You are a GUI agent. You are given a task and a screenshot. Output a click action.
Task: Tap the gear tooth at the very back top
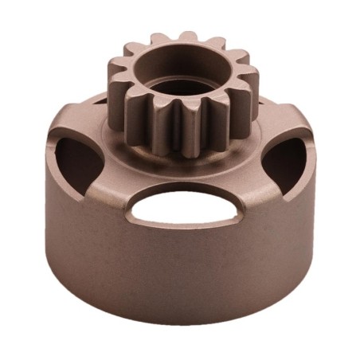[189, 37]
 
